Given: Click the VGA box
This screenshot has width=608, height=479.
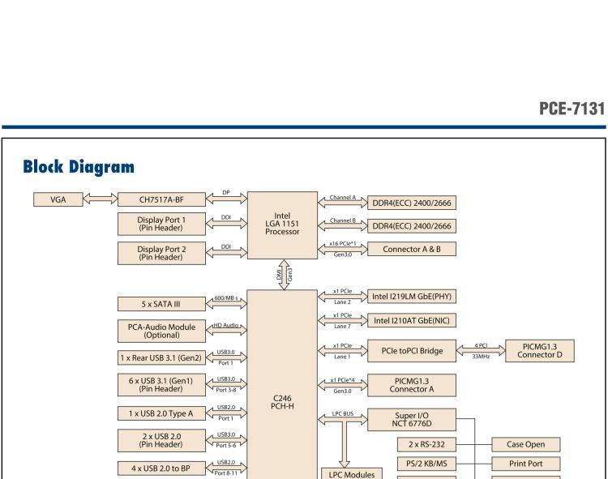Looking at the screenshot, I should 58,199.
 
